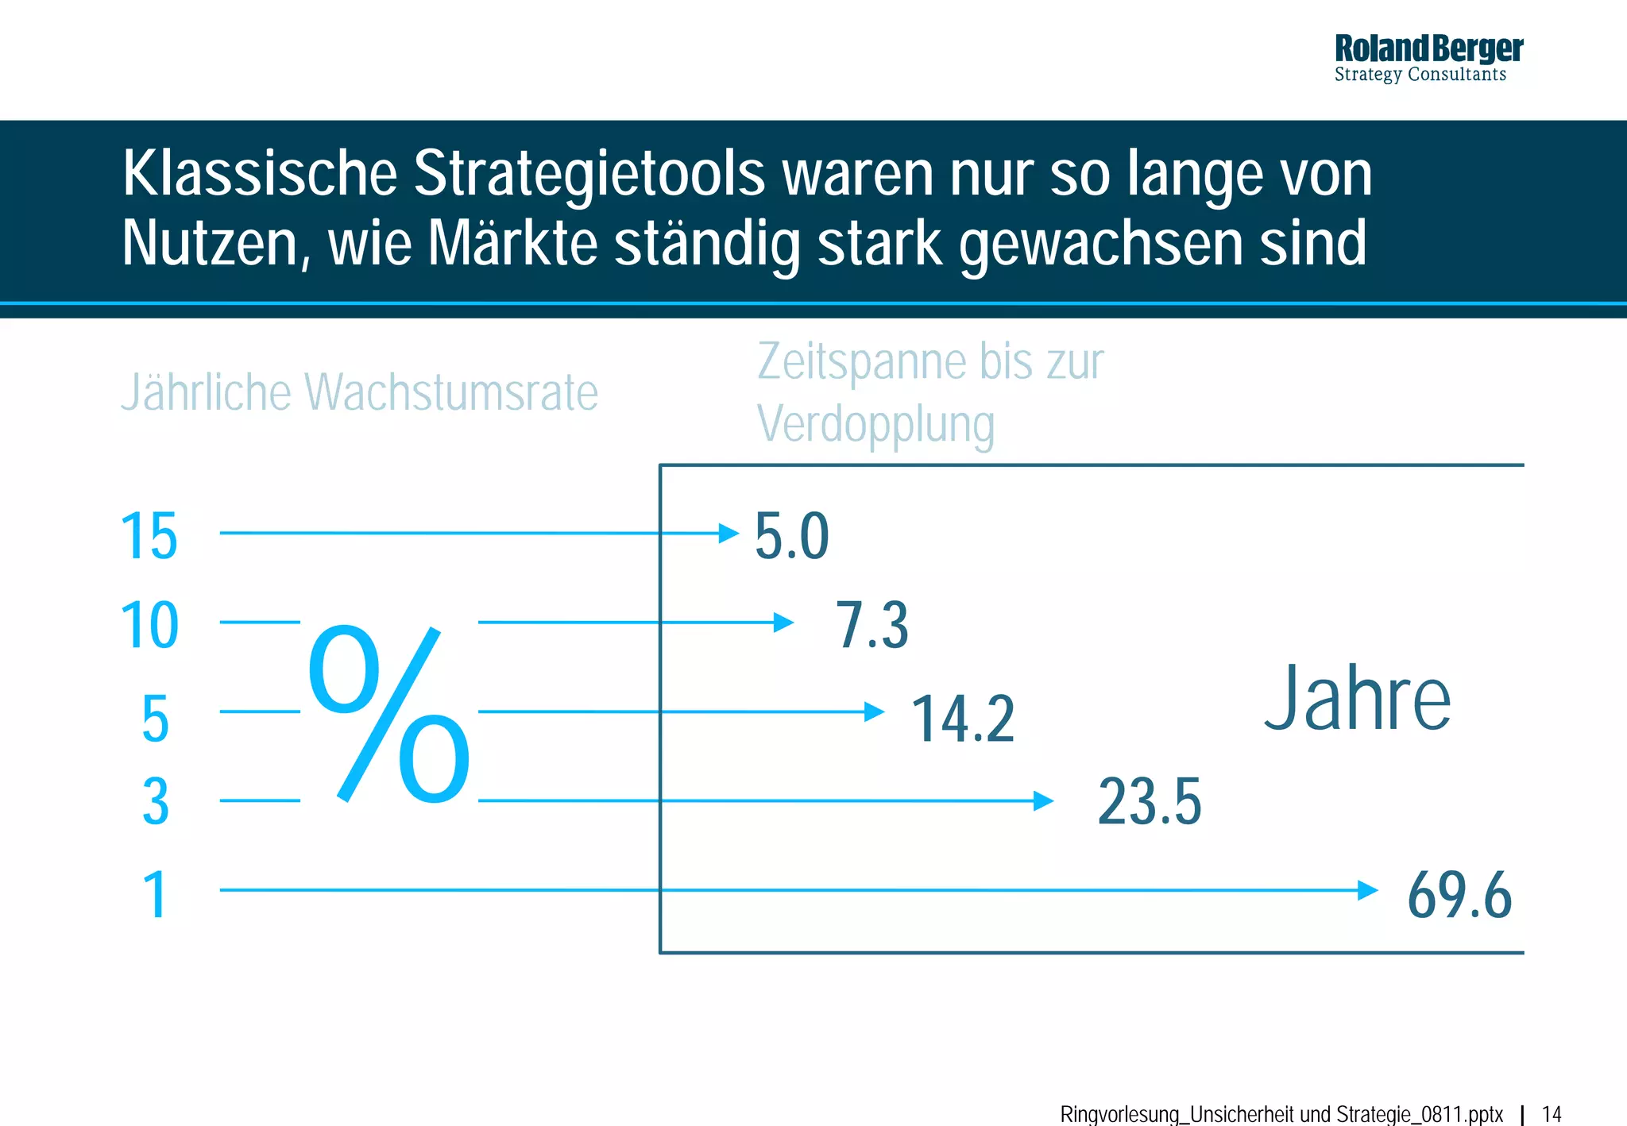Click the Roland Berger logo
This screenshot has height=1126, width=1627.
tap(1428, 57)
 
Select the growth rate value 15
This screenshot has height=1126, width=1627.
tap(149, 537)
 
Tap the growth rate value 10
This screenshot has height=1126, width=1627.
tap(149, 626)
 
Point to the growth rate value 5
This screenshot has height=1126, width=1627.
tap(156, 719)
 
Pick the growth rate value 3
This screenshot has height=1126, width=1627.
tap(156, 802)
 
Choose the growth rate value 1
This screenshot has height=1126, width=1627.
tap(155, 896)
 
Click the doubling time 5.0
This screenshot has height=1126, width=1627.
tap(791, 537)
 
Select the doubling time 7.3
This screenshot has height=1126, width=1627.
tap(871, 626)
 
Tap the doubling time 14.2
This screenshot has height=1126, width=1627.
tap(962, 719)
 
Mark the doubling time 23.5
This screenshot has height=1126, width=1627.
tap(1149, 802)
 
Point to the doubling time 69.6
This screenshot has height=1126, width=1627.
tap(1459, 896)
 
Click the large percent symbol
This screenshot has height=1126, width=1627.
tap(389, 713)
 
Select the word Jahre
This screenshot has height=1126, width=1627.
tap(1357, 699)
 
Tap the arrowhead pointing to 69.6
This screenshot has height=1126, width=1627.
tap(1367, 890)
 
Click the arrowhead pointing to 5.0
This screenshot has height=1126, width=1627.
tap(728, 533)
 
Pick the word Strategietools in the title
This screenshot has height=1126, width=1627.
tap(589, 173)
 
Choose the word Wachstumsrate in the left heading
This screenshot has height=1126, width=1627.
tap(451, 392)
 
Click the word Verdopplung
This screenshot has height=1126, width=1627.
tap(875, 425)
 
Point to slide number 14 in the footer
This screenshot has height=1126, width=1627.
tap(1552, 1114)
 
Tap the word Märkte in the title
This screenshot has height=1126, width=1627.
tap(512, 243)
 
